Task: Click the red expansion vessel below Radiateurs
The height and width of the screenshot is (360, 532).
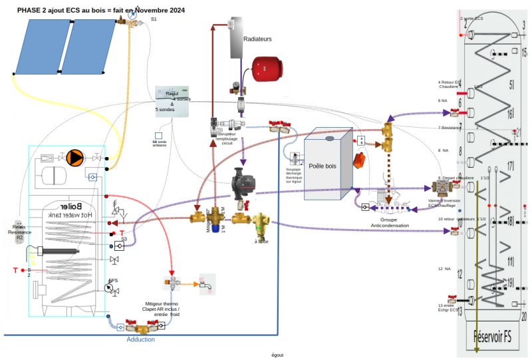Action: (267, 69)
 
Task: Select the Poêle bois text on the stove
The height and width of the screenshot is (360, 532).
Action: (323, 164)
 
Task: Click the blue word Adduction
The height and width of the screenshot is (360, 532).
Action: (141, 339)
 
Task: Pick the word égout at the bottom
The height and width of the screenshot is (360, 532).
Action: (277, 355)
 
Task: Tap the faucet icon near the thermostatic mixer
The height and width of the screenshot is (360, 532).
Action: (205, 285)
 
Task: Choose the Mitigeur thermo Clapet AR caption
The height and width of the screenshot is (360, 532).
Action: (162, 310)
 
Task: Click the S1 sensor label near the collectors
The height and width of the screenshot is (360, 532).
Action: (154, 19)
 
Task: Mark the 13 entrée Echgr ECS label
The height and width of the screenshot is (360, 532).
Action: (448, 307)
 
